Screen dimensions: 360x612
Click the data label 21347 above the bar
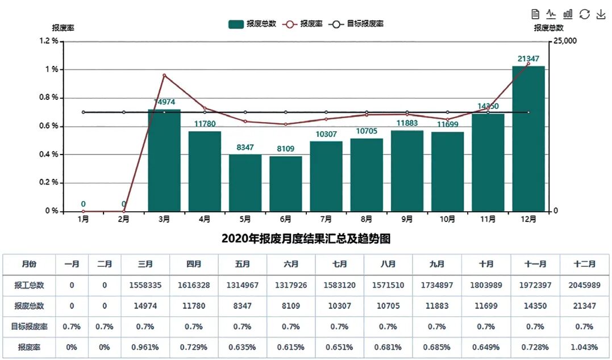coord(528,58)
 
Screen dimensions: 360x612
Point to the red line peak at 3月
coord(164,75)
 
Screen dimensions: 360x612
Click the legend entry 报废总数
coord(253,24)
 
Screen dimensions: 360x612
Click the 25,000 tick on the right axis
coord(565,41)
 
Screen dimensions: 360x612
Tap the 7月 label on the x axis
coord(326,219)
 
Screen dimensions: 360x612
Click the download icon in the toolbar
coord(601,14)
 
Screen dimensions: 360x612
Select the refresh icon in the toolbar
coord(584,14)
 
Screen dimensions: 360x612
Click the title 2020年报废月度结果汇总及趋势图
coord(306,238)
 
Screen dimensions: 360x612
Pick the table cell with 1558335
coord(145,285)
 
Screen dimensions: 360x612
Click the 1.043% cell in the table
coord(585,347)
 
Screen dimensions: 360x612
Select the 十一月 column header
coord(535,264)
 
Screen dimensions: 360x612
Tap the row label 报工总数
coord(29,285)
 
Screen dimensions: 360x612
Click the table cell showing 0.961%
coord(145,347)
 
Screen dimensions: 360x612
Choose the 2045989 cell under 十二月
coord(585,285)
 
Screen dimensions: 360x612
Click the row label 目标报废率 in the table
coord(29,326)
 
